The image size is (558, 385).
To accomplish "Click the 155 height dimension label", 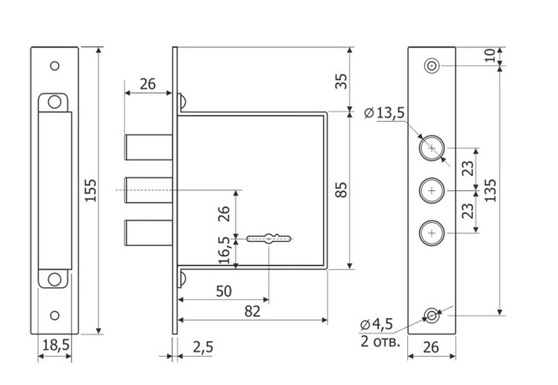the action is [x=91, y=190].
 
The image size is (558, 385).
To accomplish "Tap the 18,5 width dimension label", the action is [x=56, y=345].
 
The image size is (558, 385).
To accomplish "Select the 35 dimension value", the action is [x=341, y=81].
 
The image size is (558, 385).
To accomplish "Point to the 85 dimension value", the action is [x=341, y=189].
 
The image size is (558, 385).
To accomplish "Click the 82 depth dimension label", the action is [x=252, y=311].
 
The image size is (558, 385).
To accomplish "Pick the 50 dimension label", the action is [x=224, y=292].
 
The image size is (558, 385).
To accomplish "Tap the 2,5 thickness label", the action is [x=203, y=347].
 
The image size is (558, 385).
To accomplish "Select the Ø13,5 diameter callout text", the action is [x=385, y=113].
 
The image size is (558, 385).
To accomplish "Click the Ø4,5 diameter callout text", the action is [x=376, y=324].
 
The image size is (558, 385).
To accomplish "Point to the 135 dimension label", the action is [x=490, y=190].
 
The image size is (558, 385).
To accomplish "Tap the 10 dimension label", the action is [x=490, y=55].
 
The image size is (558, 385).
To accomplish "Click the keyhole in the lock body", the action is [x=269, y=238].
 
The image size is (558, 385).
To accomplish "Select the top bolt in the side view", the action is [x=149, y=147].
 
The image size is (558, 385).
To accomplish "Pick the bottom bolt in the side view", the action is [x=149, y=233].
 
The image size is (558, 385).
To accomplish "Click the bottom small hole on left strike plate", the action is [x=55, y=316].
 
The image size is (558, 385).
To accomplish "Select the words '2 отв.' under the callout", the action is [x=380, y=341].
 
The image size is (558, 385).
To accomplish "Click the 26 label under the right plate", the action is [x=431, y=347].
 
